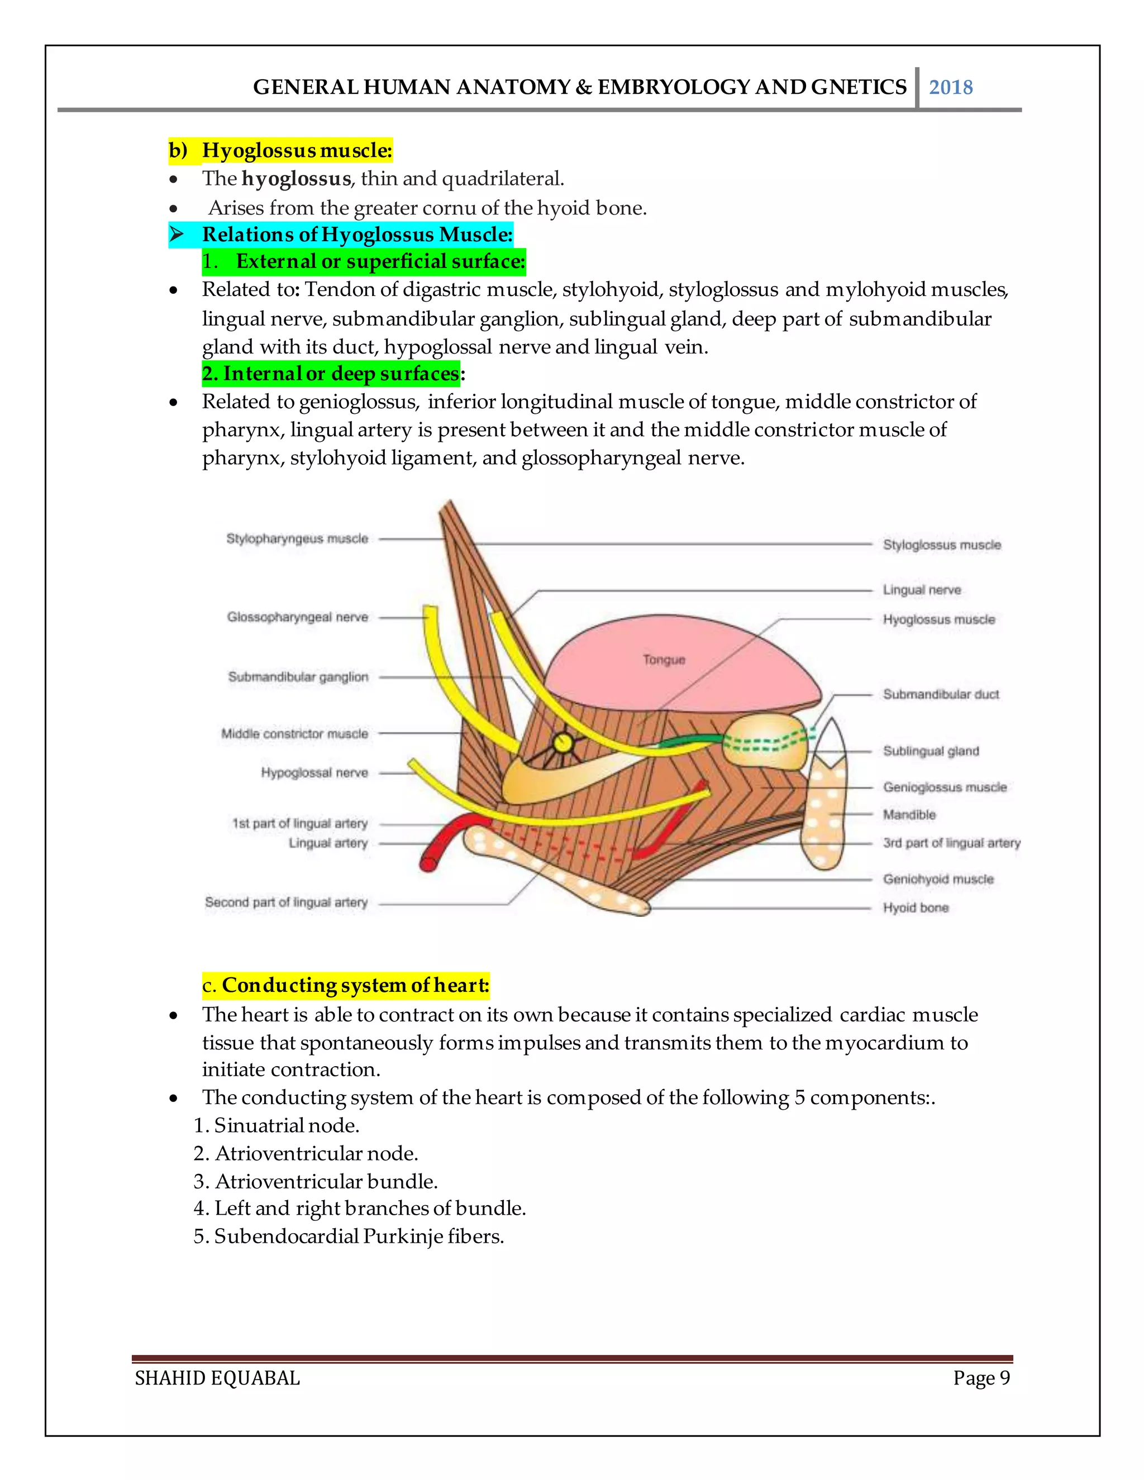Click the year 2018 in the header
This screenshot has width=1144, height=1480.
click(950, 88)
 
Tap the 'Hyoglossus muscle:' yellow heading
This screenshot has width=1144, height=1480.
click(297, 150)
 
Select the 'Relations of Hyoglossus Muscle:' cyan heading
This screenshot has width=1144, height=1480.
click(357, 235)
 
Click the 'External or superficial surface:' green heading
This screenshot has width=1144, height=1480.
click(380, 261)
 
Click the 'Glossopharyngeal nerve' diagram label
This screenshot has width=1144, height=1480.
click(298, 617)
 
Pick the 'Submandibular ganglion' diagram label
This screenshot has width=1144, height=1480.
click(298, 677)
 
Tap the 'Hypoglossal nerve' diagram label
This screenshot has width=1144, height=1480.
click(314, 772)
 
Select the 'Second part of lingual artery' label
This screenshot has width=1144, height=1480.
click(286, 903)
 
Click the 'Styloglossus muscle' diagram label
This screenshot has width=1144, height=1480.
click(941, 545)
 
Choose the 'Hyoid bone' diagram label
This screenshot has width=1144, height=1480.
click(916, 908)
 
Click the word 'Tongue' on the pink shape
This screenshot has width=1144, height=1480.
click(664, 660)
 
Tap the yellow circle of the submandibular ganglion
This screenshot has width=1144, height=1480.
click(562, 743)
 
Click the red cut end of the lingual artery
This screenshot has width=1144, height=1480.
click(429, 864)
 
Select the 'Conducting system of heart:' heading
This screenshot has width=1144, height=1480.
click(355, 985)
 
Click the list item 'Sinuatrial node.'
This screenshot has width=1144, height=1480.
click(286, 1125)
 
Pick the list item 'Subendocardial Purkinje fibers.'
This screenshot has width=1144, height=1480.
click(359, 1236)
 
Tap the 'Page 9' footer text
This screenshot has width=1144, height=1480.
click(981, 1378)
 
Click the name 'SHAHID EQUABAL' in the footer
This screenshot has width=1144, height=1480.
click(217, 1378)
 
